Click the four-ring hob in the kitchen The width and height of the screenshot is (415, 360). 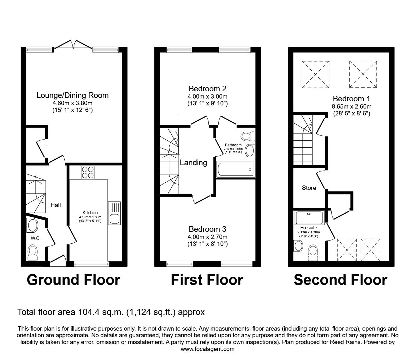coord(87,172)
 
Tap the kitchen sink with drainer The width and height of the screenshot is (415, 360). coord(114,213)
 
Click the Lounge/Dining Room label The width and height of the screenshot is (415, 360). coord(72,95)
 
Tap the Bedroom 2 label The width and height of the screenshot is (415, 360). coord(207,89)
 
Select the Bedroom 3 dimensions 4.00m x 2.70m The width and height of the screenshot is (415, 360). coord(207,237)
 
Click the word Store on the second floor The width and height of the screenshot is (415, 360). coord(309,188)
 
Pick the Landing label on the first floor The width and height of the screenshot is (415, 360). coord(193,163)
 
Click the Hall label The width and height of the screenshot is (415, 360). coord(56,205)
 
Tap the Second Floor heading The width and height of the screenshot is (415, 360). coord(340,280)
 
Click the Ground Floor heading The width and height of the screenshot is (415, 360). coord(73,280)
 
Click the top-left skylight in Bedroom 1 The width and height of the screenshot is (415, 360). coord(315,74)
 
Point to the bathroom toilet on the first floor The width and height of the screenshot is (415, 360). coord(247,136)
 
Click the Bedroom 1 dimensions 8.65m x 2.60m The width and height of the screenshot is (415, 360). coord(351,106)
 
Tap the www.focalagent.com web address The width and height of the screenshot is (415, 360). coord(207,349)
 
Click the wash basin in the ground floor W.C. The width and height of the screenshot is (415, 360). coord(32,226)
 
